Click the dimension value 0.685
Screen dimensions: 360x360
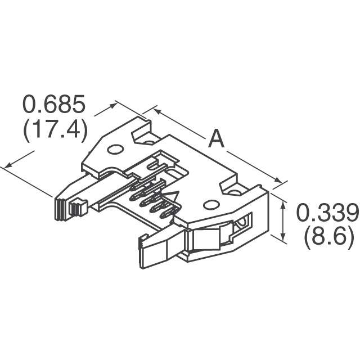click(x=54, y=104)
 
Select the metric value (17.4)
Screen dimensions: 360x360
click(x=55, y=129)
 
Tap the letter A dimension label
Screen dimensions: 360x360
click(x=216, y=138)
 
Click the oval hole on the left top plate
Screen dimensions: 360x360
click(x=116, y=150)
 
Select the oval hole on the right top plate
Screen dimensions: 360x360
click(x=211, y=204)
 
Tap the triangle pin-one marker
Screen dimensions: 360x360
click(x=171, y=196)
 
